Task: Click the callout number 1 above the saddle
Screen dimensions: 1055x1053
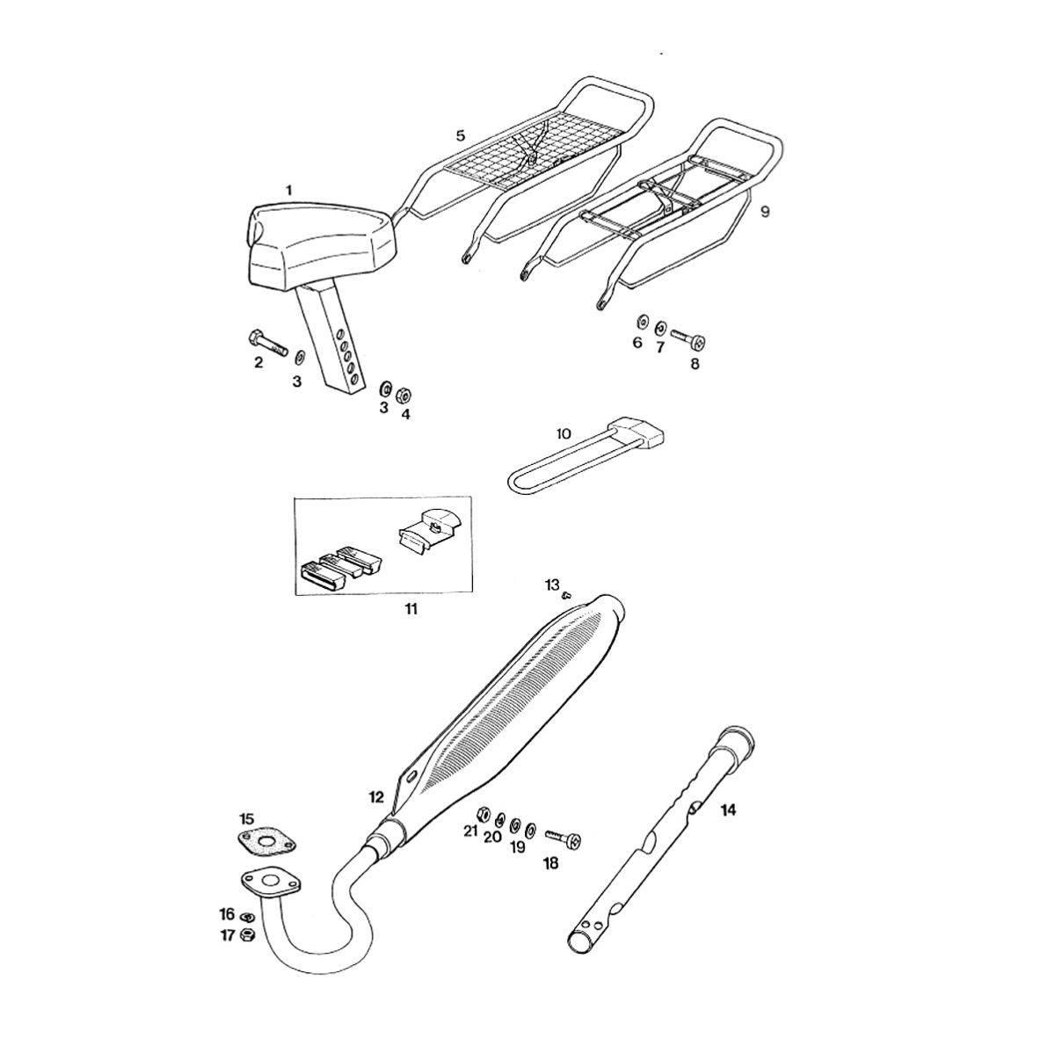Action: (x=289, y=191)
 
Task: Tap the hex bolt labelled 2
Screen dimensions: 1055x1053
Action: (x=267, y=342)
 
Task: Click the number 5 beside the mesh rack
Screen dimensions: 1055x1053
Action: (x=460, y=135)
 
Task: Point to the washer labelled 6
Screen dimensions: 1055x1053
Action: (x=641, y=320)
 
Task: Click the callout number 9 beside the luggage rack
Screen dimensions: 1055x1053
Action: (x=765, y=211)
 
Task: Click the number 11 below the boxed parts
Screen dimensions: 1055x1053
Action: (x=411, y=608)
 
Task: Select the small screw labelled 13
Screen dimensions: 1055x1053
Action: (x=568, y=595)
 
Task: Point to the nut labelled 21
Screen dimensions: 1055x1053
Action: (x=484, y=828)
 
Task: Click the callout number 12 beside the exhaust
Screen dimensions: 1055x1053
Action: (x=376, y=797)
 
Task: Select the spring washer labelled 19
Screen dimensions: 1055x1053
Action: (x=516, y=840)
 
